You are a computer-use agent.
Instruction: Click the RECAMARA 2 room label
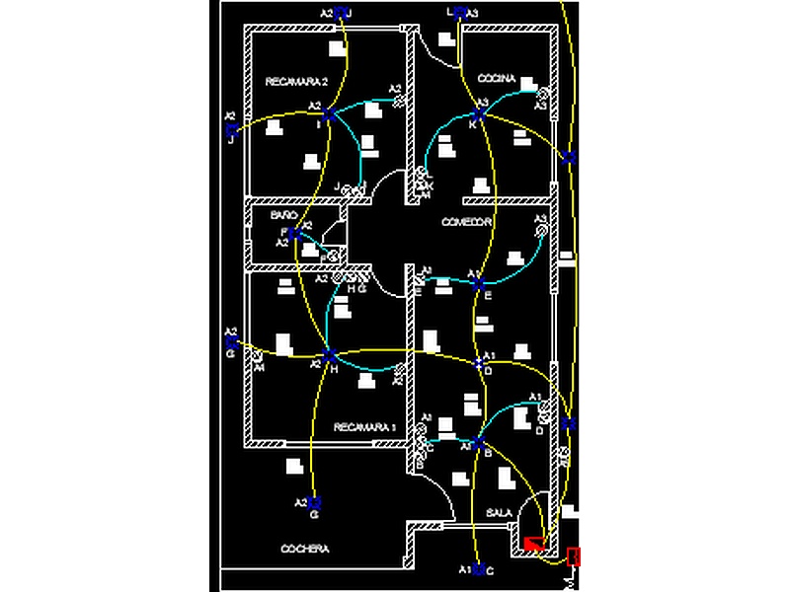[x=296, y=81]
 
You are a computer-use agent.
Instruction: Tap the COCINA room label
[x=497, y=78]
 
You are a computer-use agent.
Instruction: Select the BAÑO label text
[x=284, y=214]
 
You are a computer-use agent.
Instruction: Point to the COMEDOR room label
[x=467, y=222]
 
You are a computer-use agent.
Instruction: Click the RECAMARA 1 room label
[x=364, y=427]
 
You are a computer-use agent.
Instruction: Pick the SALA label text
[x=500, y=513]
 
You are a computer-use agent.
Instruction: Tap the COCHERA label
[x=305, y=550]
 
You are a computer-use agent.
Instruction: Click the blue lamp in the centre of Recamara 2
[x=328, y=114]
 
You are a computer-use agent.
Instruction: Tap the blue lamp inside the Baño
[x=294, y=234]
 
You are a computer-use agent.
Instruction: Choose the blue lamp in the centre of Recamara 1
[x=329, y=355]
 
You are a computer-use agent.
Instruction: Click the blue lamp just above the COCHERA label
[x=314, y=502]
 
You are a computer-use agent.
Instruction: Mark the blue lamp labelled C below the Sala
[x=478, y=569]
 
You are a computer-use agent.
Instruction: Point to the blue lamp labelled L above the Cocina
[x=458, y=13]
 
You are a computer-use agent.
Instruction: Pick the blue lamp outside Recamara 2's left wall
[x=231, y=128]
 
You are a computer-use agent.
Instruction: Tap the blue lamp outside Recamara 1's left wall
[x=231, y=341]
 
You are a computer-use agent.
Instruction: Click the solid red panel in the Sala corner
[x=534, y=543]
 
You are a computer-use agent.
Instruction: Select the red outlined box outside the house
[x=574, y=557]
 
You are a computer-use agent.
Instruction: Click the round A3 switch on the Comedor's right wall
[x=542, y=231]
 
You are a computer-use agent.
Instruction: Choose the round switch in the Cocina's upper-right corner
[x=541, y=94]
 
